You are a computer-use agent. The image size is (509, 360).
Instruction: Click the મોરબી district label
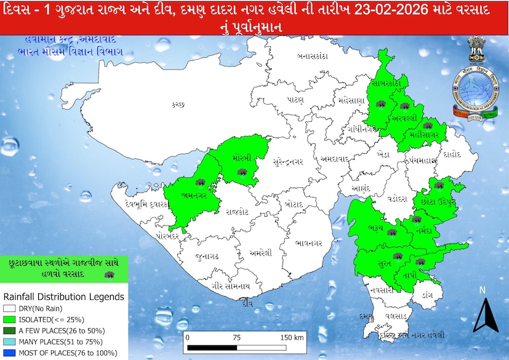coord(242,158)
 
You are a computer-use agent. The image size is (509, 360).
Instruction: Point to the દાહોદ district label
coord(452,156)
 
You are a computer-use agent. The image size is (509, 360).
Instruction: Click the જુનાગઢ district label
coord(207,255)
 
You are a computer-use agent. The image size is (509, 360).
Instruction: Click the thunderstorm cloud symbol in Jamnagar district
coord(201,183)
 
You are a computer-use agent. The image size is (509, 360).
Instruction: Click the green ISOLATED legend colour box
coord(9,319)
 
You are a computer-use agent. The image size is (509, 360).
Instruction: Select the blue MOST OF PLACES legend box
coord(9,353)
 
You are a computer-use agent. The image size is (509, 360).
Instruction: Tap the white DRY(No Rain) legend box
coord(9,308)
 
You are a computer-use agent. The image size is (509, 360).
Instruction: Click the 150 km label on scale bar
coord(291,338)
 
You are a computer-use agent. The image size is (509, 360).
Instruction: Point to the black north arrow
coord(484,314)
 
